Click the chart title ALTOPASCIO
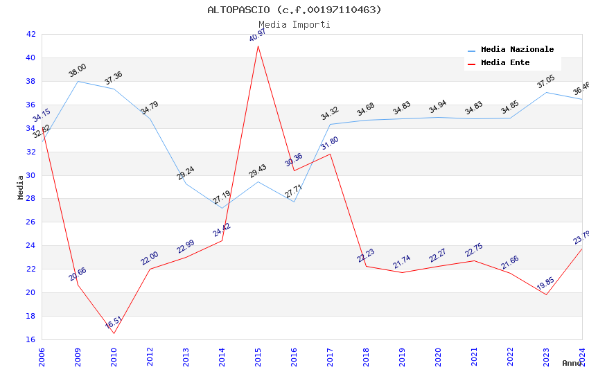coord(294,10)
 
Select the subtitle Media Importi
coord(294,24)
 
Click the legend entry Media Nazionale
coord(517,49)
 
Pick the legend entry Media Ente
coord(505,62)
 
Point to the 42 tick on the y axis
coord(30,34)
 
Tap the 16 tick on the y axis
coord(30,339)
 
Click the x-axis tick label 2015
coord(258,357)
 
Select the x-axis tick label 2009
coord(78,357)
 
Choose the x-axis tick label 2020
coord(438,357)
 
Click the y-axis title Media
coord(21,187)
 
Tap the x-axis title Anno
coord(572,363)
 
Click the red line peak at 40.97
coord(258,46)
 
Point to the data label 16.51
coord(114,322)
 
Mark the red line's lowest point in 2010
coord(114,333)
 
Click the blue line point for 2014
coord(222,208)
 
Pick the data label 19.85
coord(546,283)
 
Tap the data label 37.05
coord(546,82)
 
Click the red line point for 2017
coord(330,154)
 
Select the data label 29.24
coord(185,172)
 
